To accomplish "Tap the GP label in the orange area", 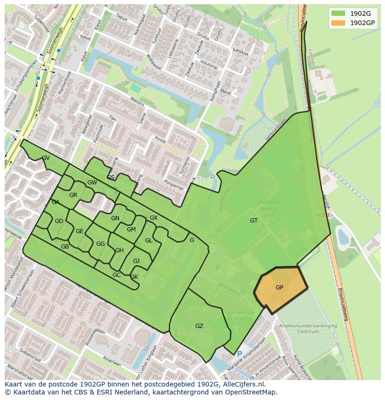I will tap(279, 288).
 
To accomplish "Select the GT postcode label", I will tap(254, 221).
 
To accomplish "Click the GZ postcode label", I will tap(199, 326).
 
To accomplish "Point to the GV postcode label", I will tap(46, 158).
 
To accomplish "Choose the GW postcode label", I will tap(92, 183).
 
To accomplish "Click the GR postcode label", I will tap(73, 195).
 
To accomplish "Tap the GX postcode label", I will tap(153, 218).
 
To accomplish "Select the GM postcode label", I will tap(131, 230).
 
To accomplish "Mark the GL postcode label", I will tap(148, 241).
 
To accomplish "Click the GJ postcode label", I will tap(136, 261).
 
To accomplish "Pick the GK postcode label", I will tap(134, 277).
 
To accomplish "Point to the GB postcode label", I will tap(65, 247).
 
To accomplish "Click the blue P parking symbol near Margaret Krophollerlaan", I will tap(239, 354).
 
